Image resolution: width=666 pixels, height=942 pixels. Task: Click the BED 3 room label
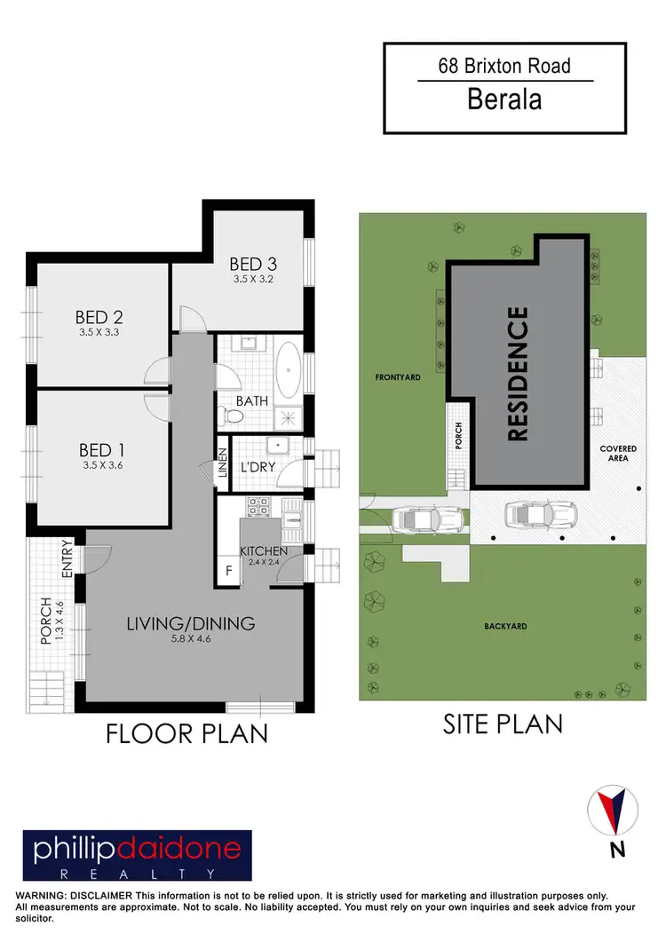pyautogui.click(x=252, y=264)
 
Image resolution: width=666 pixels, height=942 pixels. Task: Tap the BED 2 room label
pyautogui.click(x=99, y=318)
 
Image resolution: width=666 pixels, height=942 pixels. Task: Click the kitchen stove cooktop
pyautogui.click(x=258, y=506)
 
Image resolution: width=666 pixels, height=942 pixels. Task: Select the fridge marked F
pyautogui.click(x=228, y=571)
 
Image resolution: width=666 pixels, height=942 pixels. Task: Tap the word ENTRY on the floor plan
pyautogui.click(x=67, y=561)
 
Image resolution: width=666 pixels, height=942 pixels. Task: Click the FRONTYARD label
pyautogui.click(x=397, y=377)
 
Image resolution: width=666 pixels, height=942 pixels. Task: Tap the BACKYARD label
pyautogui.click(x=505, y=626)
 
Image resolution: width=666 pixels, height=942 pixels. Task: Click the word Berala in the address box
pyautogui.click(x=504, y=99)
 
